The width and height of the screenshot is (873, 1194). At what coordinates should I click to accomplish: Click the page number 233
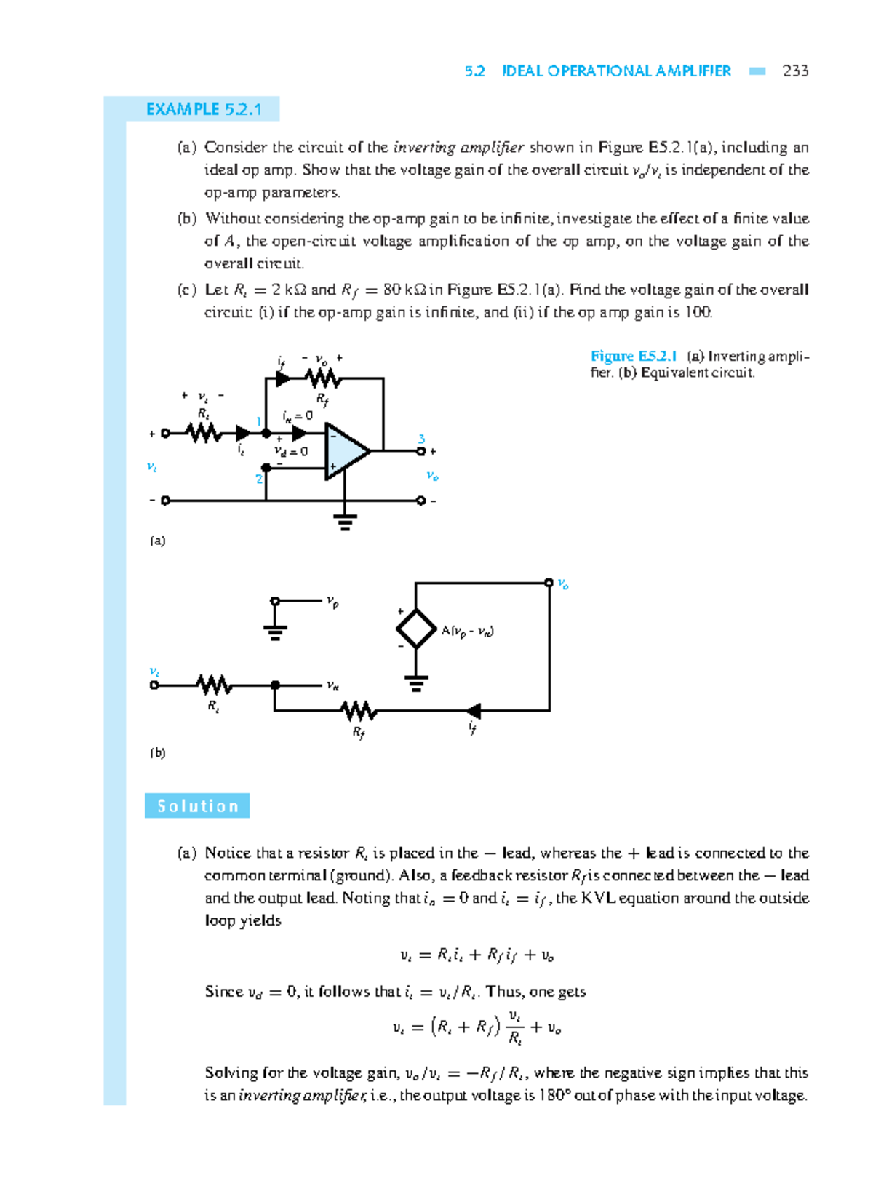(x=795, y=71)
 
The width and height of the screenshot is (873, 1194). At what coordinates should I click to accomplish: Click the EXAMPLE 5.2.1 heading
(x=203, y=109)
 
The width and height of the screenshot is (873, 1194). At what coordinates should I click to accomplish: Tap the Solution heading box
(x=197, y=806)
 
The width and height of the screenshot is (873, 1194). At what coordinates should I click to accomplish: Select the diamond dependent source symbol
(x=415, y=629)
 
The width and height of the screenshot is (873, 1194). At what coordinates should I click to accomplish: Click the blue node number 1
(x=258, y=421)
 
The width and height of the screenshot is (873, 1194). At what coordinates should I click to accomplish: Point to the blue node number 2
(x=258, y=479)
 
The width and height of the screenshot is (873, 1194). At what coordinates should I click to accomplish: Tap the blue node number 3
(x=421, y=439)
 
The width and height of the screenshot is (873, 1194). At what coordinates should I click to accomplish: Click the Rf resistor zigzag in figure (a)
(x=322, y=378)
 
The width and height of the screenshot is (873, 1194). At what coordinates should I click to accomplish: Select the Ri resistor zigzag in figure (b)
(x=214, y=685)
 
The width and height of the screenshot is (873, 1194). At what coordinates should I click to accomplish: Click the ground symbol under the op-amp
(x=345, y=522)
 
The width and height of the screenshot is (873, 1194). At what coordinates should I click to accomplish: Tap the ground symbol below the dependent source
(x=416, y=683)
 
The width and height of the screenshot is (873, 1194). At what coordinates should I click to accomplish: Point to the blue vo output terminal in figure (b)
(x=549, y=582)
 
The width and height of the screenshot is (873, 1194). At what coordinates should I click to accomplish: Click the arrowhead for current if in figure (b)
(x=474, y=711)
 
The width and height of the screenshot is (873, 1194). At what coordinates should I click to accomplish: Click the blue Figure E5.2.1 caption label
(x=634, y=356)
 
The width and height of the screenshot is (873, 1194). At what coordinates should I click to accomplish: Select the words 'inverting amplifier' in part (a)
(x=458, y=148)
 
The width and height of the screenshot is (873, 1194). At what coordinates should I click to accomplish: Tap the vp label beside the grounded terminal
(x=332, y=602)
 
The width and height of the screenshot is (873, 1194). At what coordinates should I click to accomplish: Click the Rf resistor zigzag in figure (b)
(x=359, y=711)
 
